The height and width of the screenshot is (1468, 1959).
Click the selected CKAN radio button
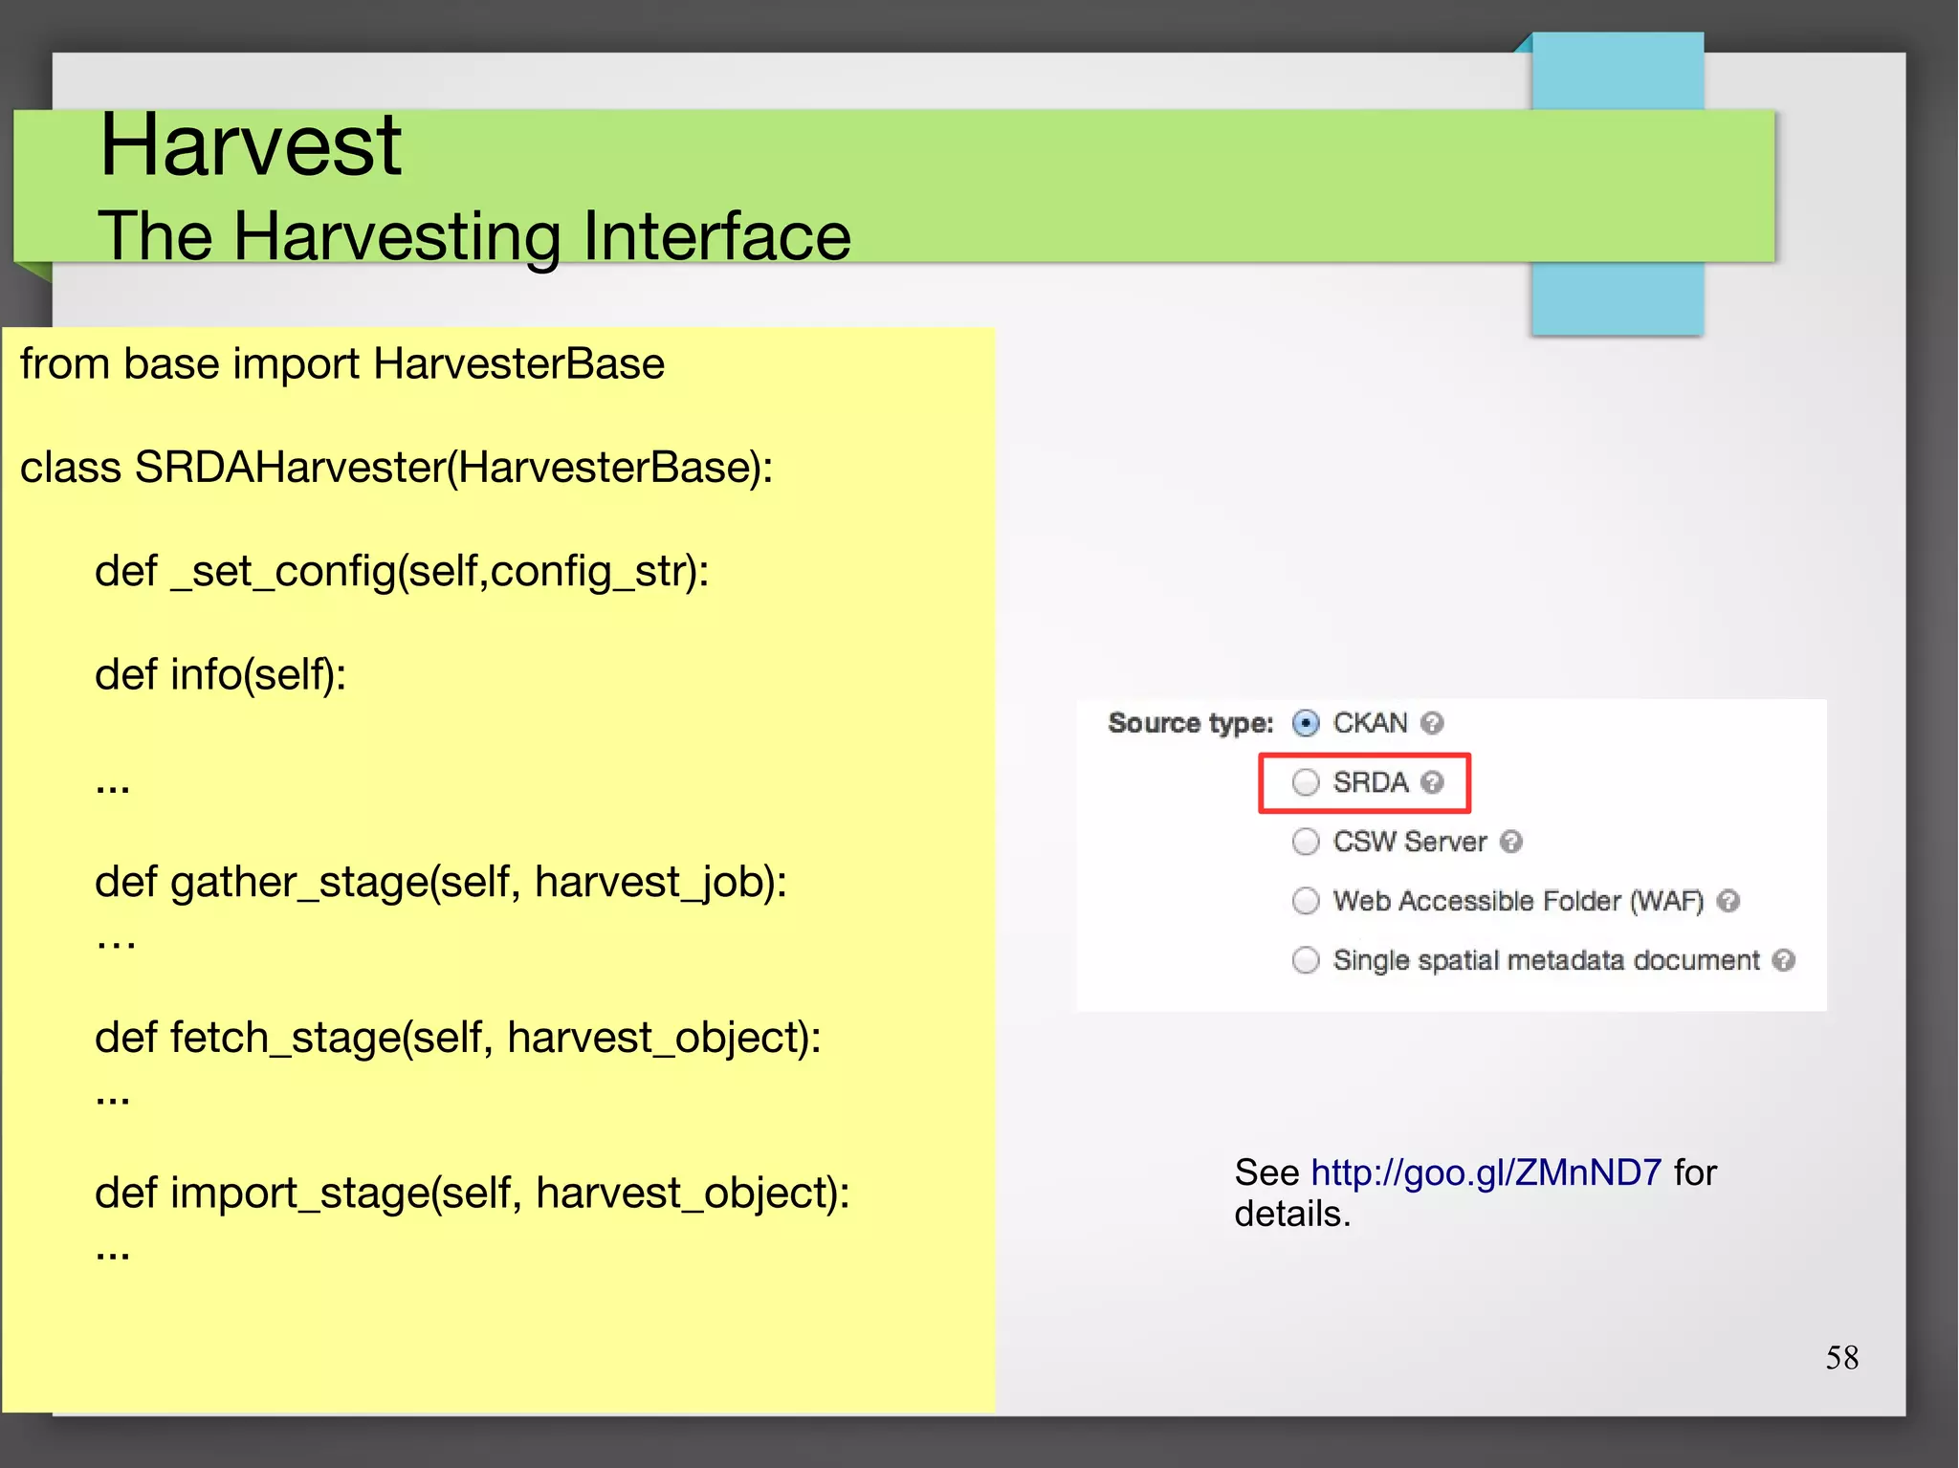pyautogui.click(x=1306, y=723)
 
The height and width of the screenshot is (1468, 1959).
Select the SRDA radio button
pyautogui.click(x=1306, y=782)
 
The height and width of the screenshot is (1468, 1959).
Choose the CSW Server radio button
pyautogui.click(x=1306, y=842)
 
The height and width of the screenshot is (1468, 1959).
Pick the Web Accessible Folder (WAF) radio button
pyautogui.click(x=1306, y=901)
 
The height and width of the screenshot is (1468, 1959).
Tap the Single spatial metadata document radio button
pyautogui.click(x=1306, y=960)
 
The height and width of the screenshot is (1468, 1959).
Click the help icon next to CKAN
pyautogui.click(x=1431, y=723)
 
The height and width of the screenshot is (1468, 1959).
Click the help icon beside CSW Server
pyautogui.click(x=1510, y=842)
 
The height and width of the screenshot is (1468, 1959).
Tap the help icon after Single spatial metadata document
pyautogui.click(x=1783, y=960)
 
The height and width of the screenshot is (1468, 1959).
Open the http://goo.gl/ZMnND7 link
pyautogui.click(x=1486, y=1172)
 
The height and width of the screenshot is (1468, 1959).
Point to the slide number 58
pyautogui.click(x=1841, y=1358)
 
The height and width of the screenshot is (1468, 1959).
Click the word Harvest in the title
pyautogui.click(x=251, y=145)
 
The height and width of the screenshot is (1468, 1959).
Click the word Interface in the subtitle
pyautogui.click(x=716, y=236)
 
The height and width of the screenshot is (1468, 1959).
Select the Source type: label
pyautogui.click(x=1190, y=723)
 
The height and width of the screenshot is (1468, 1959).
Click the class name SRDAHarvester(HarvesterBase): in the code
pyautogui.click(x=453, y=468)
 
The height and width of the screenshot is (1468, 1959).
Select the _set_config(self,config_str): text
pyautogui.click(x=439, y=572)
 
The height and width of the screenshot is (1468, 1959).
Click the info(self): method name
pyautogui.click(x=258, y=675)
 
